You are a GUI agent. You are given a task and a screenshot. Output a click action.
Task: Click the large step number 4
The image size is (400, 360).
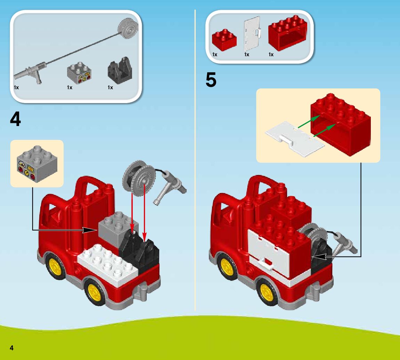15,119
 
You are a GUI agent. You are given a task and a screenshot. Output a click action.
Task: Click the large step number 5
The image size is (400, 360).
211,80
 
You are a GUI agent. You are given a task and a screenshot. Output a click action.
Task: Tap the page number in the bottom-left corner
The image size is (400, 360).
11,348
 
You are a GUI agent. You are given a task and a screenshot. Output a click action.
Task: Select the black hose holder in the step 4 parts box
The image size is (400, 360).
120,70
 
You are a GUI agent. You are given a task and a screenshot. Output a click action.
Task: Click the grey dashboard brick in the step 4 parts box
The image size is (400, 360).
79,73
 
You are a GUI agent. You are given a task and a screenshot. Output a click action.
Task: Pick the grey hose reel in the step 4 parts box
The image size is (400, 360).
128,28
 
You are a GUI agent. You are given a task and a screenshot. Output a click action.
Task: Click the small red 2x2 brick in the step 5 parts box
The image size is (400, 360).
224,40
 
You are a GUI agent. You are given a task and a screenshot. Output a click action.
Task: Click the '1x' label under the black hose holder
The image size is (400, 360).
110,87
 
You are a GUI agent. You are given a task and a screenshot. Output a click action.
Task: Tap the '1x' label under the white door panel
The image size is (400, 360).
247,55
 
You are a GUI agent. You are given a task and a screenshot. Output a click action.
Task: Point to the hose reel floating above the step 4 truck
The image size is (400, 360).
139,178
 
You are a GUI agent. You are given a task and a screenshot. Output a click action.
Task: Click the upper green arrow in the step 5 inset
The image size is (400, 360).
309,121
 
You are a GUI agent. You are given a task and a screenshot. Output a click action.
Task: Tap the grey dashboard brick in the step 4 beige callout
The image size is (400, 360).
37,164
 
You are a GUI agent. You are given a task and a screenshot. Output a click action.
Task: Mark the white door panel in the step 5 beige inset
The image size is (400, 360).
295,139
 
